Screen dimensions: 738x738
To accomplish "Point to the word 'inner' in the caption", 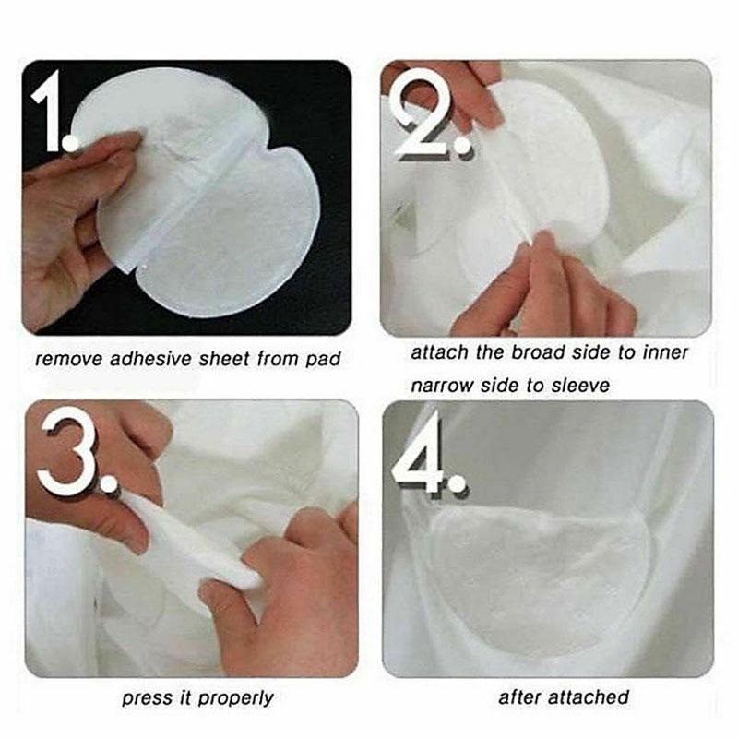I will click(665, 353).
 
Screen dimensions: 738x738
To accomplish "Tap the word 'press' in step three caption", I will click(145, 698).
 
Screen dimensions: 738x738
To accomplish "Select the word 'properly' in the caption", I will click(235, 698).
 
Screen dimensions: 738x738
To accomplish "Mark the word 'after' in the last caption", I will click(520, 697).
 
